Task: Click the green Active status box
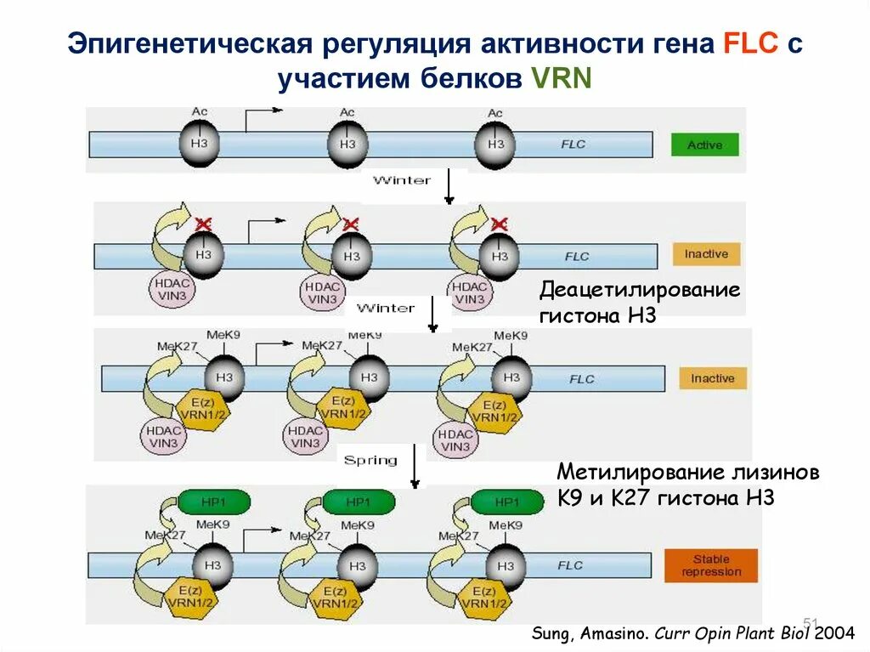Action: (704, 145)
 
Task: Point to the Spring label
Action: (370, 460)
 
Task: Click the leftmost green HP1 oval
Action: (214, 502)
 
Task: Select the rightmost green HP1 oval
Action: (507, 502)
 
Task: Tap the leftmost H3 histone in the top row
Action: (199, 144)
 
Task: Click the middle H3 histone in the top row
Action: (347, 144)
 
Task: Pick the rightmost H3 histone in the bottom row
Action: (506, 565)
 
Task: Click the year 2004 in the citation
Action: (837, 633)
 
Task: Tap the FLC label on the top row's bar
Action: (573, 145)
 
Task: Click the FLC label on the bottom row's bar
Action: (569, 565)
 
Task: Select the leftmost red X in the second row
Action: (203, 224)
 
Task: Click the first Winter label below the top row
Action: (402, 180)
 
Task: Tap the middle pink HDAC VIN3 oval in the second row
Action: (323, 292)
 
